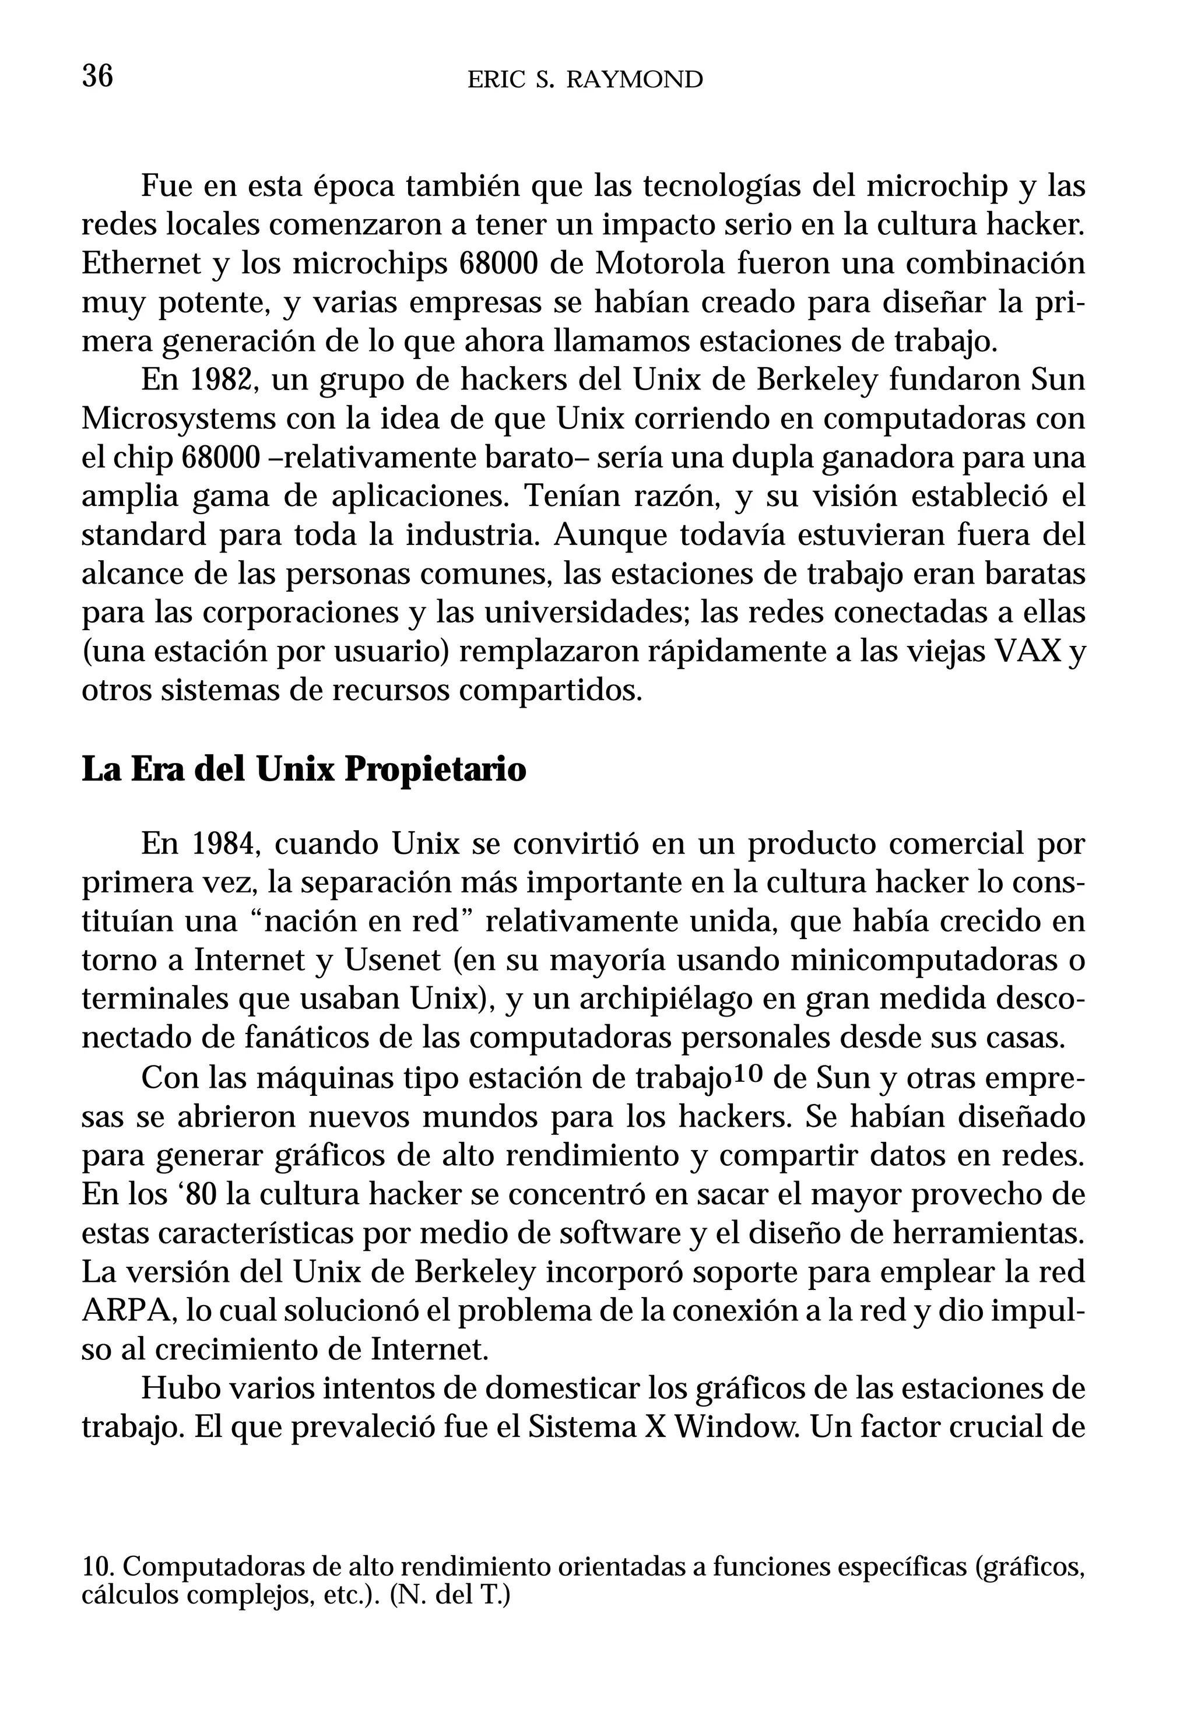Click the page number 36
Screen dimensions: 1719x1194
coord(97,76)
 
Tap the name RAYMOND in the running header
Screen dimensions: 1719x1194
coord(634,79)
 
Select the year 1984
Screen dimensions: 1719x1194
coord(225,844)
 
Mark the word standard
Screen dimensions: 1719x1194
coord(143,535)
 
